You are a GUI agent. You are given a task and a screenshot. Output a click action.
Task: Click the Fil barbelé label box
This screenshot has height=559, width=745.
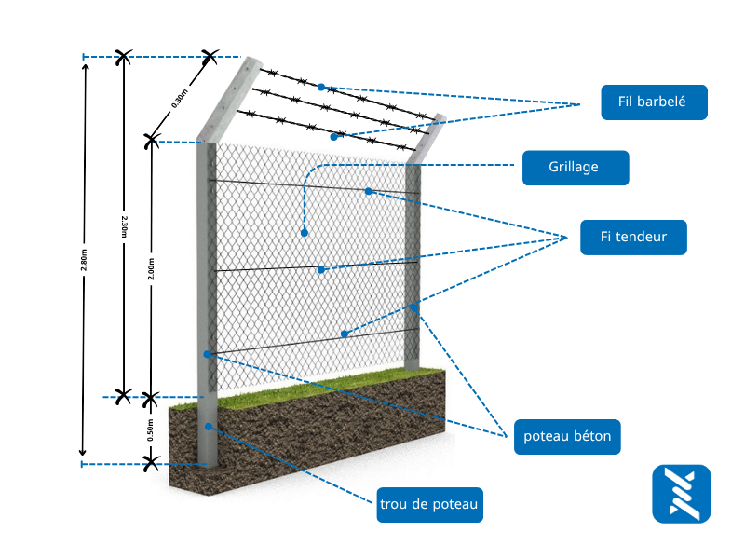coord(654,102)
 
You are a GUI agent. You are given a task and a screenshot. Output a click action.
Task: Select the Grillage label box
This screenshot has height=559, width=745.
coord(575,168)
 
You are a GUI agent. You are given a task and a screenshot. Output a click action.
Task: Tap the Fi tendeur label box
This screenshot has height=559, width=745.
coord(633,237)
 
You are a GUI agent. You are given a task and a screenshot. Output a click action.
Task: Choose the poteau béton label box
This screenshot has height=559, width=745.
coord(567,435)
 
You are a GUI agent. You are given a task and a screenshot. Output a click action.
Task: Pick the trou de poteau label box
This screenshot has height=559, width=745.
coord(429,505)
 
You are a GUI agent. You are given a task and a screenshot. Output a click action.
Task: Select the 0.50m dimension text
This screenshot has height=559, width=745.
coord(150,429)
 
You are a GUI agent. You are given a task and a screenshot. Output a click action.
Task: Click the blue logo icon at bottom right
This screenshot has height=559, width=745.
coord(682,493)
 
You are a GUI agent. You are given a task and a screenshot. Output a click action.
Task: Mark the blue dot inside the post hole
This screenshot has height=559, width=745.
coord(210,427)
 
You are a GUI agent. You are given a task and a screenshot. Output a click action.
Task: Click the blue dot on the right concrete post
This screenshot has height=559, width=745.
coord(414,307)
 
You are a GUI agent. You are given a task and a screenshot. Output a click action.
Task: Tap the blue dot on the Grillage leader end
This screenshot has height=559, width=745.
coord(304,232)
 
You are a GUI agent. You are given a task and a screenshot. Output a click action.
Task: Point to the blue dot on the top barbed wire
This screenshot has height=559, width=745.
coord(321,87)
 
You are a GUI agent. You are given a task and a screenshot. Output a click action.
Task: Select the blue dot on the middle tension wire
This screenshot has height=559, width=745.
coord(321,269)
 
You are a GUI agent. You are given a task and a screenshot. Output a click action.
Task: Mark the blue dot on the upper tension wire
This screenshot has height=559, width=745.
coord(368,191)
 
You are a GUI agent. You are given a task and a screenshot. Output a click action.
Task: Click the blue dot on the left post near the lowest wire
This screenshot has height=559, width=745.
coord(208,354)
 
